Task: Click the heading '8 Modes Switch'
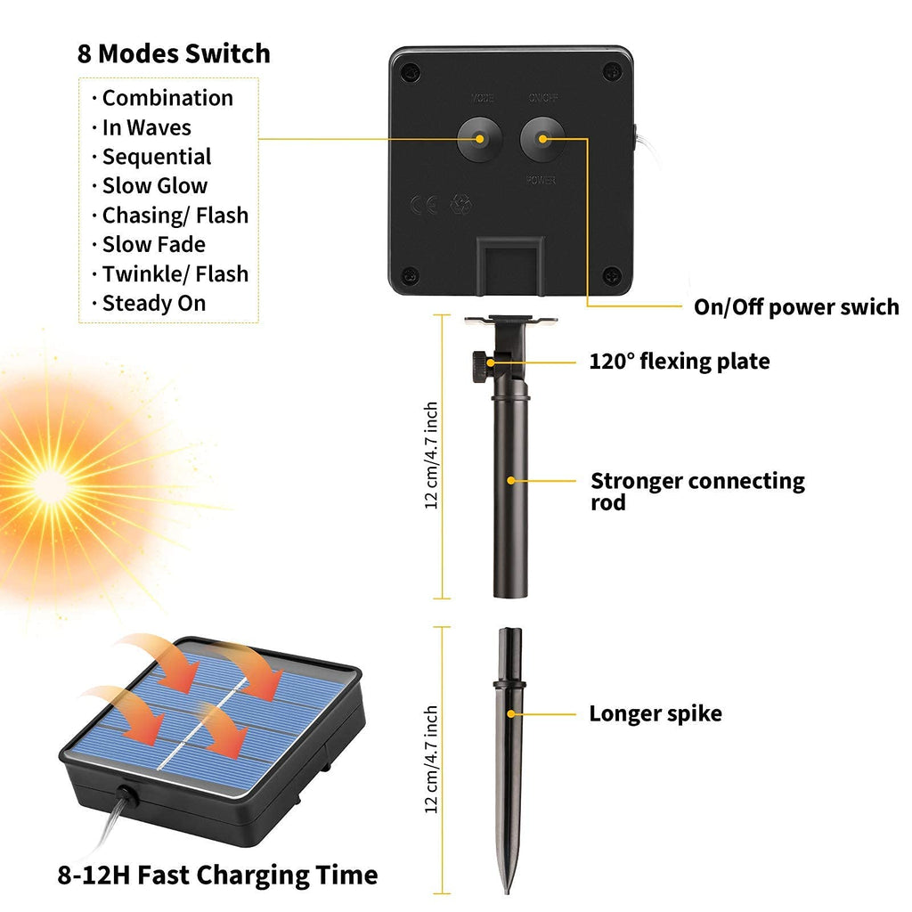click(x=174, y=53)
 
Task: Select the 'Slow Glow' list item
click(x=154, y=186)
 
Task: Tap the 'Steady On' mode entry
click(x=153, y=304)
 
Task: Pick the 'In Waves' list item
click(x=146, y=127)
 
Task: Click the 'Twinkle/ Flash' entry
click(x=175, y=274)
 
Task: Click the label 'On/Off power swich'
click(x=796, y=307)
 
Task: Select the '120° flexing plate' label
click(x=679, y=362)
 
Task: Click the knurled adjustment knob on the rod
click(x=478, y=362)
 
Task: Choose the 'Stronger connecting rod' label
click(x=696, y=491)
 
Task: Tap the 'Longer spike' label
click(x=655, y=713)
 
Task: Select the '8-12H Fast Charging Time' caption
click(x=218, y=875)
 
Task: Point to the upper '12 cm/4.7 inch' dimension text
click(x=431, y=455)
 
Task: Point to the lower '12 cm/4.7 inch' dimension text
click(x=431, y=760)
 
